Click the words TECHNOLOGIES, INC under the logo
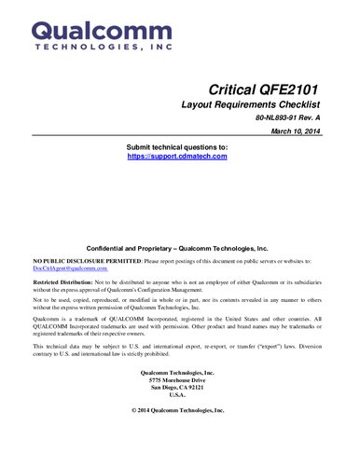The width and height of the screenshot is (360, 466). (90, 45)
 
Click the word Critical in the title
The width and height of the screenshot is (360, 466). (233, 89)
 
